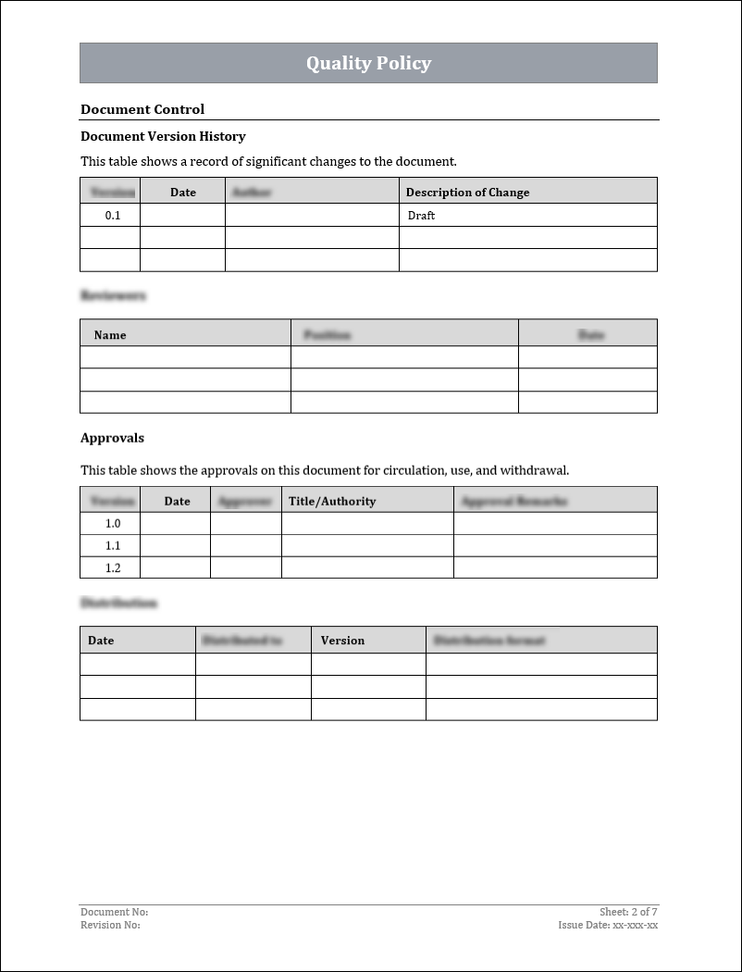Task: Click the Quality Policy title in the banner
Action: pos(368,63)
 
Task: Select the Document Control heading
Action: pos(142,109)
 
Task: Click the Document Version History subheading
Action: pos(163,136)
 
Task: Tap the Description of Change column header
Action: pos(467,193)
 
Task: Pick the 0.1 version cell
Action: pos(113,215)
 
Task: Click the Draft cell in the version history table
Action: pos(421,215)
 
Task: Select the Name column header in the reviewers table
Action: pos(110,334)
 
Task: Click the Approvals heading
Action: pos(112,438)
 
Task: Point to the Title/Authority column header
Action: pos(332,501)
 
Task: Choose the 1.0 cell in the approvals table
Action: pos(113,523)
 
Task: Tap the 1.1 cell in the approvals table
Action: pos(113,545)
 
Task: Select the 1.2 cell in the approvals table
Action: pos(113,567)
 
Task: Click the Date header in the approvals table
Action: pos(177,501)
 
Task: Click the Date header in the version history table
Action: pos(183,193)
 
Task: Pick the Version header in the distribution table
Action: pos(342,640)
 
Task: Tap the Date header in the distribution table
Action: pos(101,640)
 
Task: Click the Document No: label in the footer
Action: pos(114,912)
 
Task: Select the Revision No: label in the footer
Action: pos(110,925)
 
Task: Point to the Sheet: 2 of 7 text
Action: pos(628,912)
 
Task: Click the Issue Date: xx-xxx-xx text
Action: pos(608,925)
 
